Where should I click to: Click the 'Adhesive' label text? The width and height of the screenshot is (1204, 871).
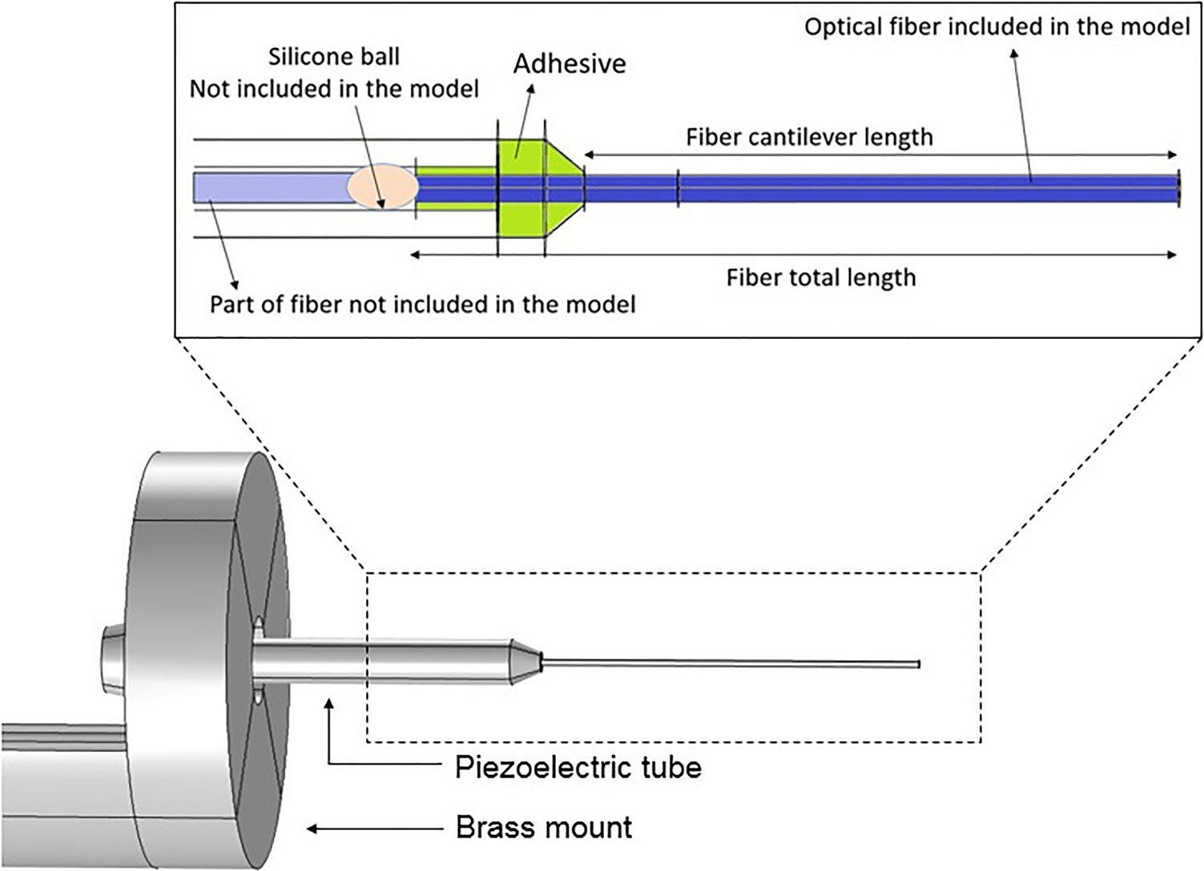point(570,63)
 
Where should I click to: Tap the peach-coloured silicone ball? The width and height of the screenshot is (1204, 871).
point(382,187)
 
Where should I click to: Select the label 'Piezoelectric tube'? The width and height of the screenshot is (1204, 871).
point(578,767)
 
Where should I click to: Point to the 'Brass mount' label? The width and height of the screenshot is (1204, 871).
point(544,827)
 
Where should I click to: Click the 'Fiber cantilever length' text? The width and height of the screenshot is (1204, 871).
point(809,137)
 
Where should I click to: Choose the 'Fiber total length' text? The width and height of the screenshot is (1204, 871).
point(820,277)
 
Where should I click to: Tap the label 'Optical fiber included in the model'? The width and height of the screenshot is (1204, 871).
point(997,27)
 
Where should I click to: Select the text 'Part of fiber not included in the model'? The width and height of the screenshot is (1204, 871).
point(422,304)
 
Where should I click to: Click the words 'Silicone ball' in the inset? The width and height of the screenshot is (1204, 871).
point(333,57)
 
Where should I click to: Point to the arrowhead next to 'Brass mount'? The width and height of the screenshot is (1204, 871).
point(312,829)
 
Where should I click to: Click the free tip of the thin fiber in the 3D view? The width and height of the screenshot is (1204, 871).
point(918,664)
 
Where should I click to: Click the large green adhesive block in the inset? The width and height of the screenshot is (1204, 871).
point(521,188)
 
